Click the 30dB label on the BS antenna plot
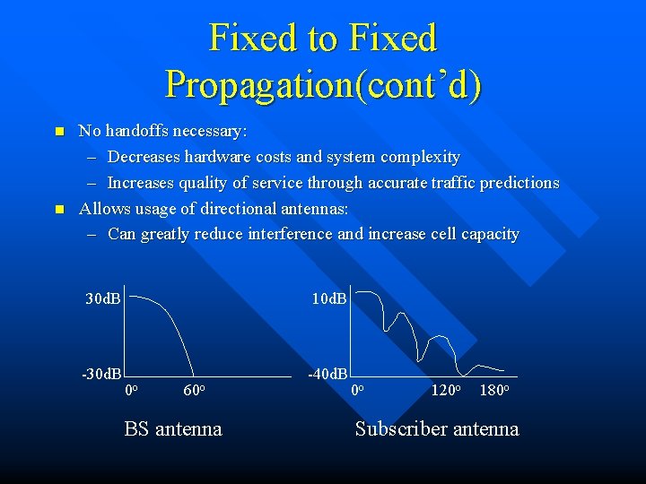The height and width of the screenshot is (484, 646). coord(103,298)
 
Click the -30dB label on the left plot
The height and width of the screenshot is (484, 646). coord(101,373)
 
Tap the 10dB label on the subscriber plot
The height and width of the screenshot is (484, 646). coord(329,298)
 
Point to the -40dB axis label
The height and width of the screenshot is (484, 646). coord(327,373)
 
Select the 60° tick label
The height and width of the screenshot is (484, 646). coord(195,391)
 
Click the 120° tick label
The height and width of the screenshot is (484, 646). coord(446,391)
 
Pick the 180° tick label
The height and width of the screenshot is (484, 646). coord(494,391)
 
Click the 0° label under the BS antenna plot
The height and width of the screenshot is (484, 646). coord(130,391)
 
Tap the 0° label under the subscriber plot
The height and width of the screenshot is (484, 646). coord(357,391)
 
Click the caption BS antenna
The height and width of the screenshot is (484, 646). coord(173,429)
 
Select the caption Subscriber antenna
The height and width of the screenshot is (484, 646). coord(437,429)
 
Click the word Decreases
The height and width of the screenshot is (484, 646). coord(144,157)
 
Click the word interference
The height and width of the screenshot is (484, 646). coord(293,234)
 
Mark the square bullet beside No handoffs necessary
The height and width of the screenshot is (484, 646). coord(59,132)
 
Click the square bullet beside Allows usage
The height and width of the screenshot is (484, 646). coord(59,209)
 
